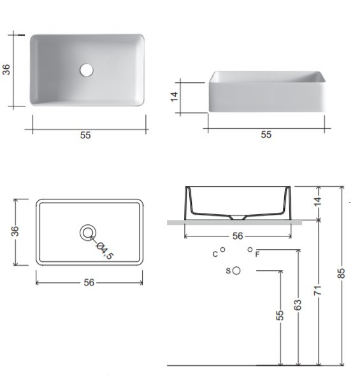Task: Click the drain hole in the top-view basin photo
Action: click(x=87, y=70)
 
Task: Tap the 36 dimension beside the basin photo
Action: click(x=6, y=69)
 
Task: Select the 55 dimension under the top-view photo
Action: click(x=85, y=135)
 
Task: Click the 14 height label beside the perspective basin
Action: click(x=174, y=96)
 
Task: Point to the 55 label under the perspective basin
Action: click(x=266, y=134)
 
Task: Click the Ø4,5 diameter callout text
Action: click(x=104, y=251)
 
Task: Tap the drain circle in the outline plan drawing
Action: click(x=88, y=233)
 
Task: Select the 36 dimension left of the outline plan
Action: click(x=15, y=231)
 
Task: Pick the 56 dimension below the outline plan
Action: click(x=89, y=282)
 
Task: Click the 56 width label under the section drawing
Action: click(x=238, y=236)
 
